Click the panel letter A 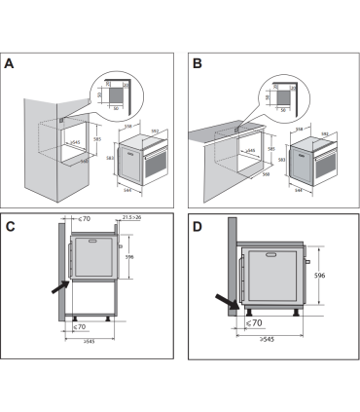tap(10, 65)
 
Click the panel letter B tap(197, 65)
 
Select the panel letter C tap(11, 227)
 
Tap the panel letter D tap(198, 227)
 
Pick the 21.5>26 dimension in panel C tap(130, 219)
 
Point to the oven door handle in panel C tap(120, 248)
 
